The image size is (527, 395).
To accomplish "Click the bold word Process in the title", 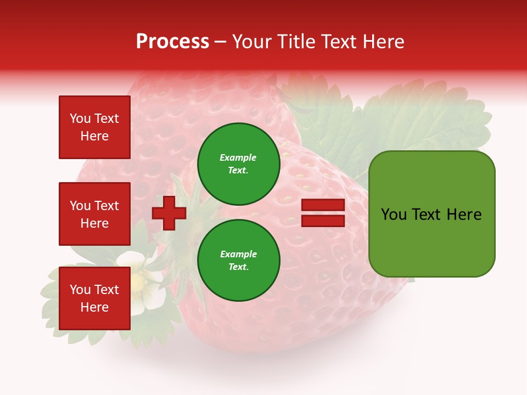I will tap(172, 42).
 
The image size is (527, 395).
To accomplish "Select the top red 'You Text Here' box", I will tap(94, 127).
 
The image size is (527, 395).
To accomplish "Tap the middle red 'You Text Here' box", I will tap(94, 214).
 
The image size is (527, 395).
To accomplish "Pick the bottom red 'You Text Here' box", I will tap(94, 298).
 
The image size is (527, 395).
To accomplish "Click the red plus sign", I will tap(169, 213).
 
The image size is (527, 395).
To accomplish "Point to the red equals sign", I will tap(323, 213).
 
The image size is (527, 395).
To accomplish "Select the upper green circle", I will tap(239, 164).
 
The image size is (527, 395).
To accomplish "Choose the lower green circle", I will tap(239, 261).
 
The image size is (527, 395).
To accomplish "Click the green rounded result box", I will tap(431, 214).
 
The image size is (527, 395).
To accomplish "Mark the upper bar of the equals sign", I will tap(323, 205).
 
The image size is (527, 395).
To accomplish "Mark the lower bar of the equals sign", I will tap(323, 221).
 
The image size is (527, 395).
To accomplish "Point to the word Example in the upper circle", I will tap(238, 158).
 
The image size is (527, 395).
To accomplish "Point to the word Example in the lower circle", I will tap(238, 255).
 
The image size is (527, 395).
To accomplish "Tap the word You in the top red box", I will tap(80, 119).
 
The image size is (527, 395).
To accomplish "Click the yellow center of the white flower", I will tap(139, 281).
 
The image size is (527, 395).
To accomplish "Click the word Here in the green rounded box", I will tap(464, 214).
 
